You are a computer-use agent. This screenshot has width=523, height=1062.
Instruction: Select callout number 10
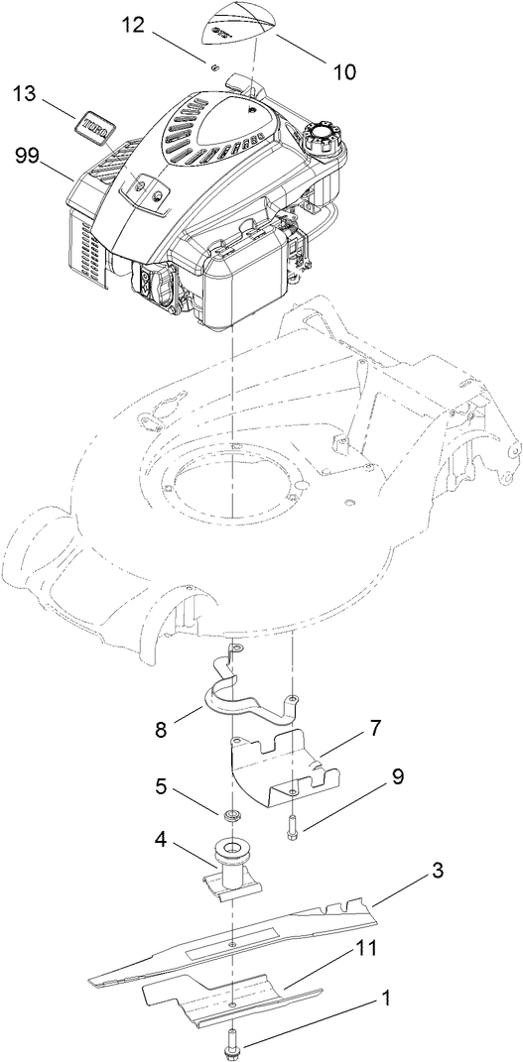click(x=345, y=71)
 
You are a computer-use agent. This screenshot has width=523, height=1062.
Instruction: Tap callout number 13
click(x=27, y=94)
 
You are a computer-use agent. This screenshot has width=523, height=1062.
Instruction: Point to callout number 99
click(x=28, y=155)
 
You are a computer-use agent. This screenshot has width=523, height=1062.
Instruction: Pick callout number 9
click(x=396, y=777)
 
